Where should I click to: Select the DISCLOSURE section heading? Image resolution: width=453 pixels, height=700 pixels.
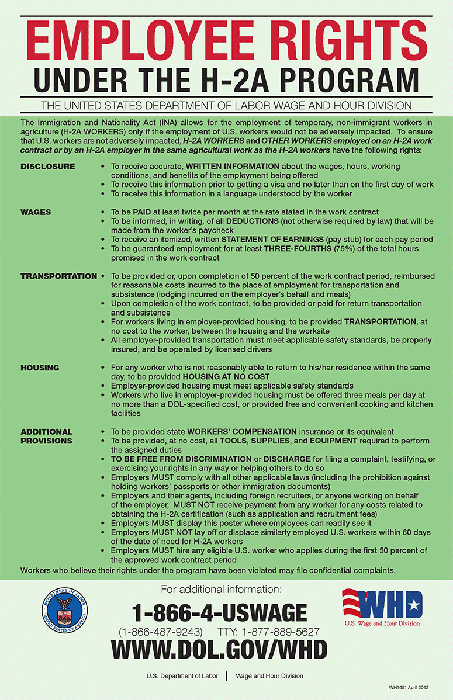[48, 167]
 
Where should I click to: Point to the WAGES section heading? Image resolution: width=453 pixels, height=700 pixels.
[36, 212]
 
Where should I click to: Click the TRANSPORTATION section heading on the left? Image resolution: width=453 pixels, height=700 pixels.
[58, 276]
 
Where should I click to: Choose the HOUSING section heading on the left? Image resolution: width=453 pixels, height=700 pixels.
[40, 368]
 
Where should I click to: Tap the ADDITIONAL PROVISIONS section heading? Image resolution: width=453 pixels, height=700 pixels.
[47, 436]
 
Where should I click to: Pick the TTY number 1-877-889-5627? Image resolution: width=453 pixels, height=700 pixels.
[281, 632]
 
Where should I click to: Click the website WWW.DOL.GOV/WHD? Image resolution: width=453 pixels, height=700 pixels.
[219, 649]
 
